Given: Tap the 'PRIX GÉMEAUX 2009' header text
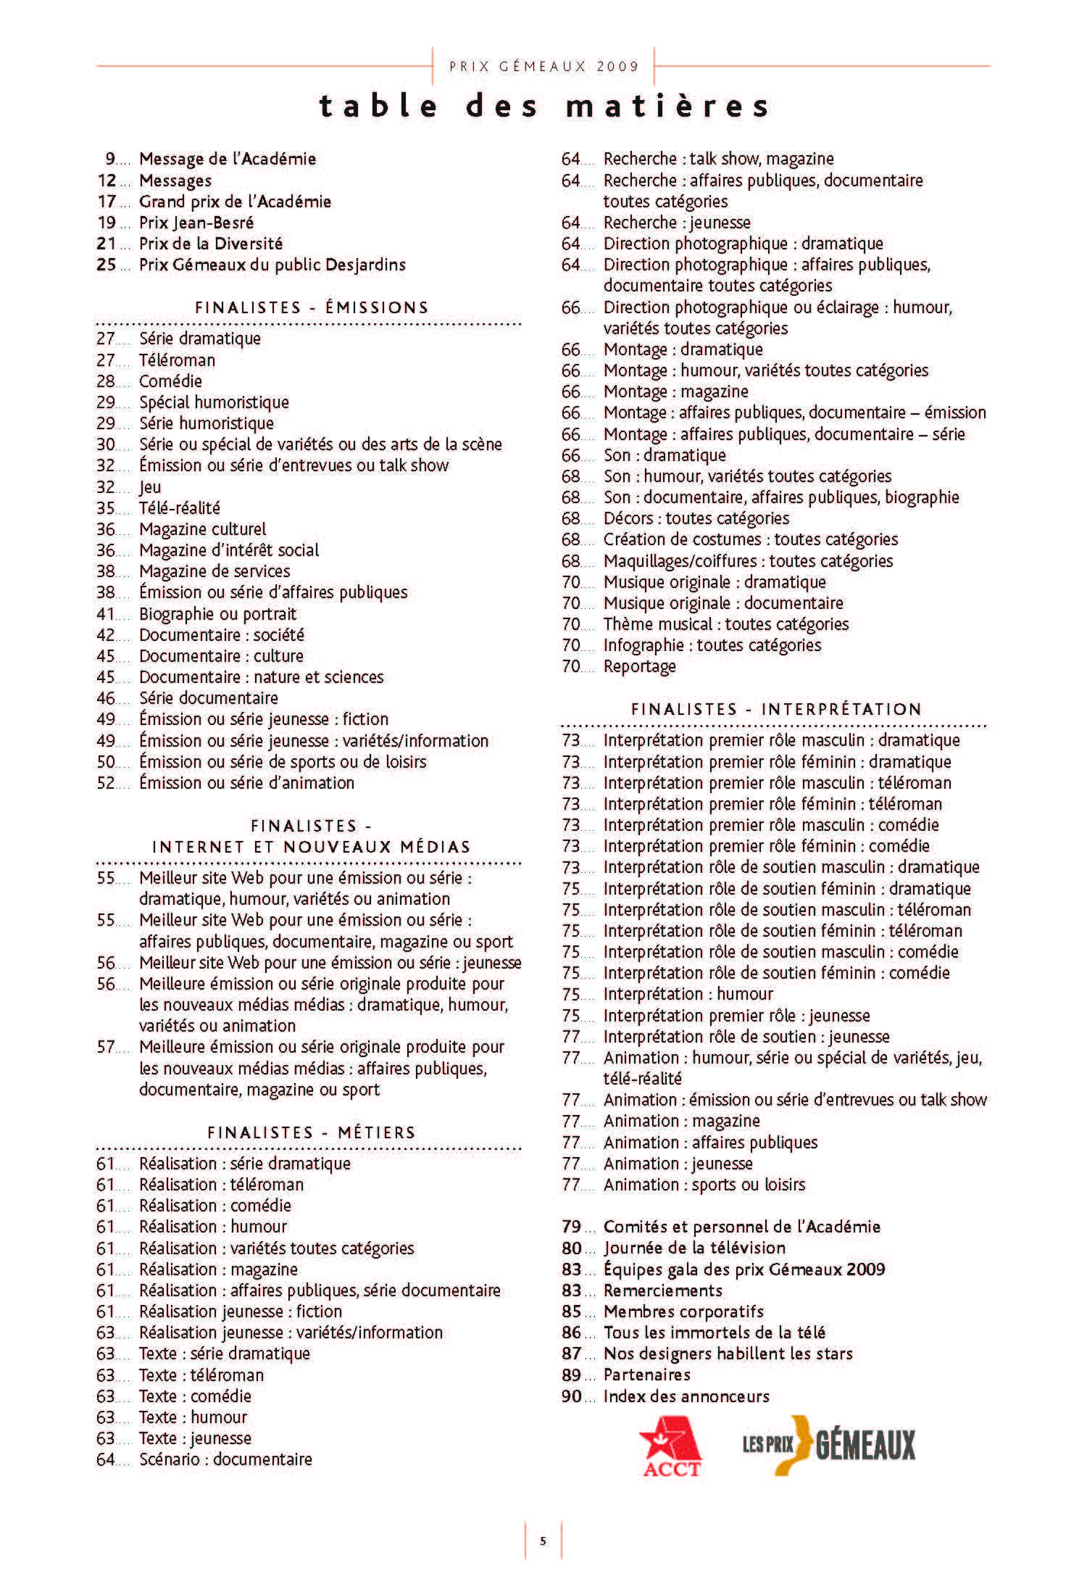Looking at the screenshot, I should coord(543,67).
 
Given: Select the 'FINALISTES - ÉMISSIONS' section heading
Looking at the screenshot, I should coord(312,307).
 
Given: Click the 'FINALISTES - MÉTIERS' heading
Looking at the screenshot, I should coord(312,1132).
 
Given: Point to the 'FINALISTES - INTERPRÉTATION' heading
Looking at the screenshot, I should coord(776,709).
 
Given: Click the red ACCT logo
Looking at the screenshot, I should coord(670,1449).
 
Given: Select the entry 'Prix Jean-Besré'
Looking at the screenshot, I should coord(196,223).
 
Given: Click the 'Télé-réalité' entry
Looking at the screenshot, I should coord(180,508).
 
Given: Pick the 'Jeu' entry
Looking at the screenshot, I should coord(150,487).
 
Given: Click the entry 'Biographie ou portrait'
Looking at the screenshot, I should coord(217,614).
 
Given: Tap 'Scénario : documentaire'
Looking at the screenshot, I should coord(225,1459).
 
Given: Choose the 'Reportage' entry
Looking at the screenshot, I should coord(639,666).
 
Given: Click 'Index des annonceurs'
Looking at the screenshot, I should coord(686,1396).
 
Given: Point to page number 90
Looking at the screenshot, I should coord(571,1396).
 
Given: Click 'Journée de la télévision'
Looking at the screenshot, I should coord(694,1248).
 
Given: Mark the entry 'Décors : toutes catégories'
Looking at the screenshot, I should coord(696,518).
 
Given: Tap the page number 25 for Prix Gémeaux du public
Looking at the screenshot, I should coord(106,265).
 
